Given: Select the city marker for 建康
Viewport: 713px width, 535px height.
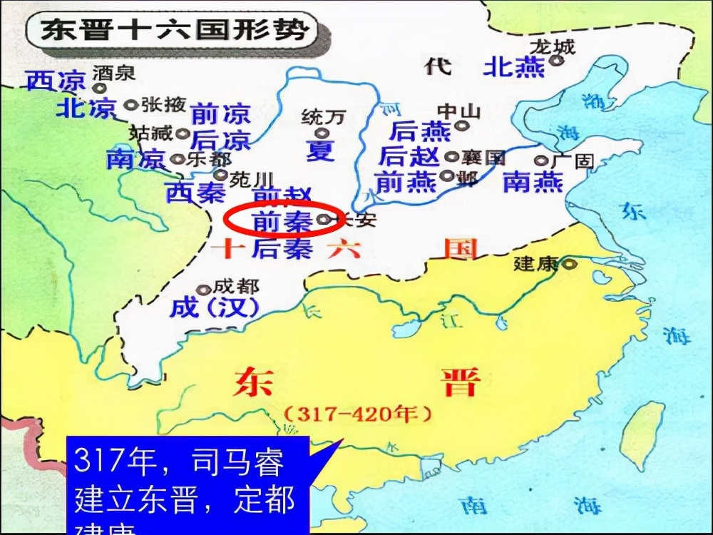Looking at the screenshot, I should pyautogui.click(x=568, y=265).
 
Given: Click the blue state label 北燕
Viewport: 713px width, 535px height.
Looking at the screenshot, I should pyautogui.click(x=514, y=67).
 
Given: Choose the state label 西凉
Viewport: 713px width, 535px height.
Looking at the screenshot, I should pyautogui.click(x=56, y=81).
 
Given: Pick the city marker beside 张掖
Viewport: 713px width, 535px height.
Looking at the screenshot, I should pyautogui.click(x=130, y=105).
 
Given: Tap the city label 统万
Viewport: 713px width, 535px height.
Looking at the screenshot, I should pyautogui.click(x=322, y=116).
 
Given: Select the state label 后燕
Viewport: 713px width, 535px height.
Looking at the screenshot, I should pyautogui.click(x=420, y=131).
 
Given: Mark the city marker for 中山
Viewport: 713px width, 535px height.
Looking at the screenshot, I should pyautogui.click(x=462, y=126).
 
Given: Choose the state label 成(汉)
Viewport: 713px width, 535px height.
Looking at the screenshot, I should pyautogui.click(x=213, y=308).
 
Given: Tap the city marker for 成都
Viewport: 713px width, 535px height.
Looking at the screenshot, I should pyautogui.click(x=204, y=290).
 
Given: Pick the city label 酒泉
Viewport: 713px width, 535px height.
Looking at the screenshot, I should pyautogui.click(x=114, y=72).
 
